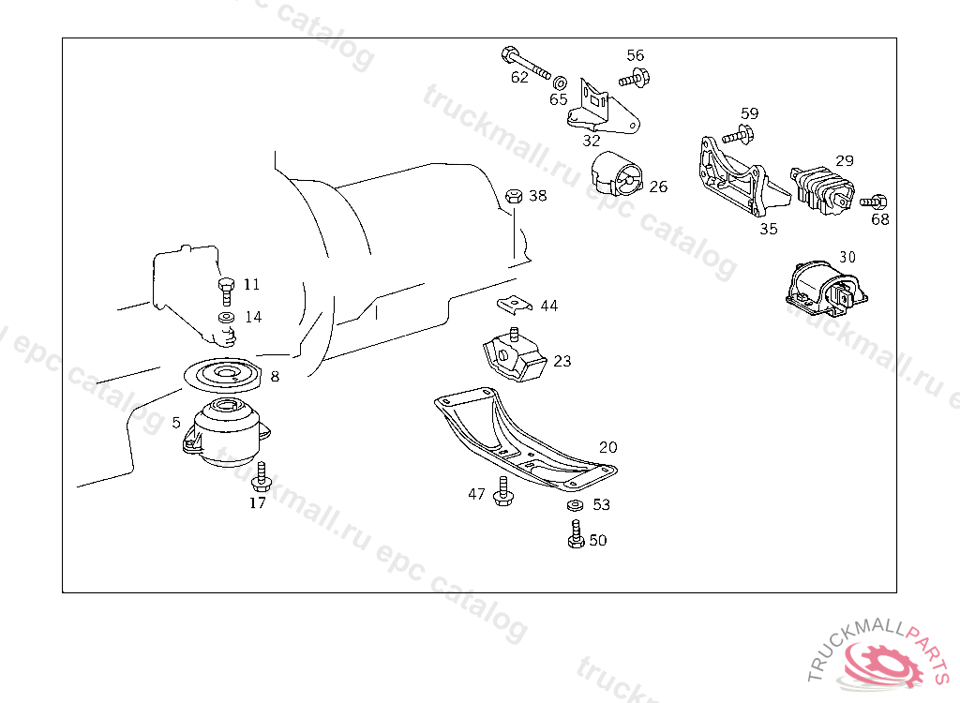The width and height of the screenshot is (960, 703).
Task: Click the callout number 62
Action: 519,78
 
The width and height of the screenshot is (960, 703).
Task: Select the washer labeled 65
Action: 560,81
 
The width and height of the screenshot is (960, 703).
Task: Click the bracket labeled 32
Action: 601,109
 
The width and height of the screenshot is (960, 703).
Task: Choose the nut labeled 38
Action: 514,196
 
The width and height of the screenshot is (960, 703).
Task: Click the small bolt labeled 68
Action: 875,201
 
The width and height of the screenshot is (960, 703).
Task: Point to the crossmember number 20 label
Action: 608,448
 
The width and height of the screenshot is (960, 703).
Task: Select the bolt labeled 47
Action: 503,491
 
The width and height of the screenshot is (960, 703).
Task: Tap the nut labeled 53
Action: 576,507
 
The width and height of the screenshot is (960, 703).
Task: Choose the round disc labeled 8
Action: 223,378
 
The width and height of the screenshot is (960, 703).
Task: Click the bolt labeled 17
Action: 262,477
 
